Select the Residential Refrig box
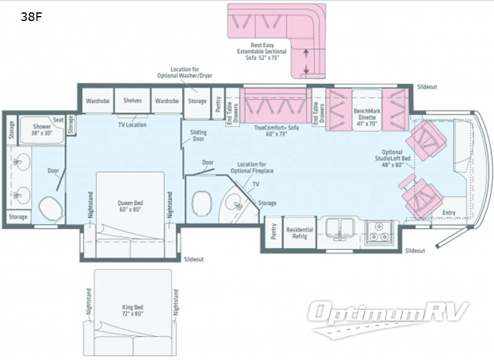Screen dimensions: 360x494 (x=299, y=233)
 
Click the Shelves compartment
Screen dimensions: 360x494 (x=133, y=101)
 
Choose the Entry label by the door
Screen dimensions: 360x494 (x=449, y=213)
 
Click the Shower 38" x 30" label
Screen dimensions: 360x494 (x=42, y=130)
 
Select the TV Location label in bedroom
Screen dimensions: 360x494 (x=132, y=124)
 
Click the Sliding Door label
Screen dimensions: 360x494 (x=198, y=136)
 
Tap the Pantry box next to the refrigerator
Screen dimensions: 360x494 (x=274, y=233)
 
